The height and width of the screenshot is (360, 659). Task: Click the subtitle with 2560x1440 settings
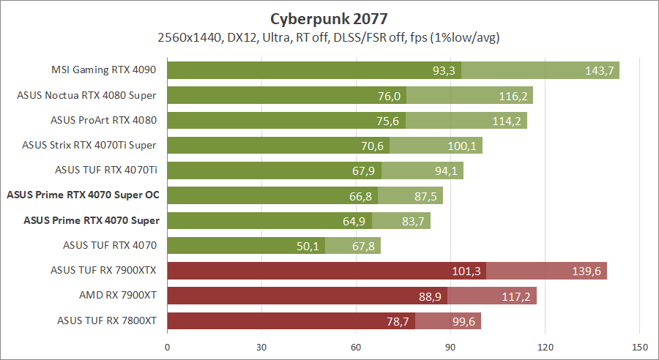pyautogui.click(x=329, y=37)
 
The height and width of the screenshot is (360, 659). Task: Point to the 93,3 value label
pyautogui.click(x=444, y=70)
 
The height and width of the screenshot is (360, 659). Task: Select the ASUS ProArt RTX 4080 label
pyautogui.click(x=103, y=120)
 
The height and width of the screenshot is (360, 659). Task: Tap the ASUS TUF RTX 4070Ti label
pyautogui.click(x=105, y=170)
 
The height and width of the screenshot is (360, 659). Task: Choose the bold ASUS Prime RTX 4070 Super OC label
pyautogui.click(x=83, y=195)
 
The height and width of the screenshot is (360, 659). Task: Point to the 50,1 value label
pyautogui.click(x=308, y=246)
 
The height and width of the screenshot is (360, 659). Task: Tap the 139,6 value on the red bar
pyautogui.click(x=587, y=271)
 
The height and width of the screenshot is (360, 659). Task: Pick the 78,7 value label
pyautogui.click(x=398, y=321)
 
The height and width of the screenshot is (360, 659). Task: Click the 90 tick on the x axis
pyautogui.click(x=450, y=346)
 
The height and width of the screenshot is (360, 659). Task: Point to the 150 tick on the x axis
pyautogui.click(x=639, y=346)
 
